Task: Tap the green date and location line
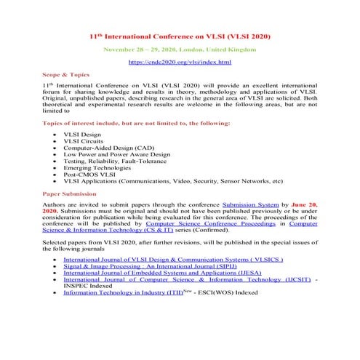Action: point(180,49)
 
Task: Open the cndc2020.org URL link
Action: point(180,63)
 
